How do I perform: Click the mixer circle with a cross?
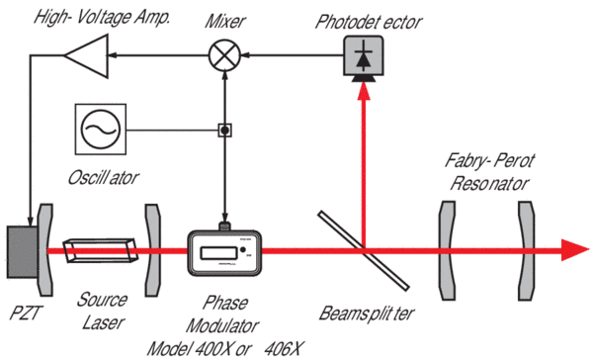tap(224, 55)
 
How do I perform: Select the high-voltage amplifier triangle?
tap(87, 56)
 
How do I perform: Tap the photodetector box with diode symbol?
tap(364, 55)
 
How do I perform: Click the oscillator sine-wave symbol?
tap(101, 130)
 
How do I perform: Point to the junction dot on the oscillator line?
tap(224, 131)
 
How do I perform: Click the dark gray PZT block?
tap(23, 252)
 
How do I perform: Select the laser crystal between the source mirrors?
tap(101, 250)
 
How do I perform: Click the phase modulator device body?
tap(225, 253)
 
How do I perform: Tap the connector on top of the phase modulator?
tap(224, 226)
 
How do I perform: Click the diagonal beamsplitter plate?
tap(364, 250)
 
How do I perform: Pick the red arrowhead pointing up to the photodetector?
tap(364, 91)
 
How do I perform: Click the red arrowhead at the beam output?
tap(575, 250)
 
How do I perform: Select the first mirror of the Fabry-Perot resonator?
tap(448, 250)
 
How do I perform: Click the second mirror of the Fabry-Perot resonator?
tap(527, 250)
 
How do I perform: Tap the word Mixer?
tap(225, 21)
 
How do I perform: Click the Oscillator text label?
tap(103, 178)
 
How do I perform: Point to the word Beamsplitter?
tap(367, 314)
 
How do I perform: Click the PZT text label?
tap(25, 313)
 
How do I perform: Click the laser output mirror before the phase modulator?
tap(153, 250)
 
